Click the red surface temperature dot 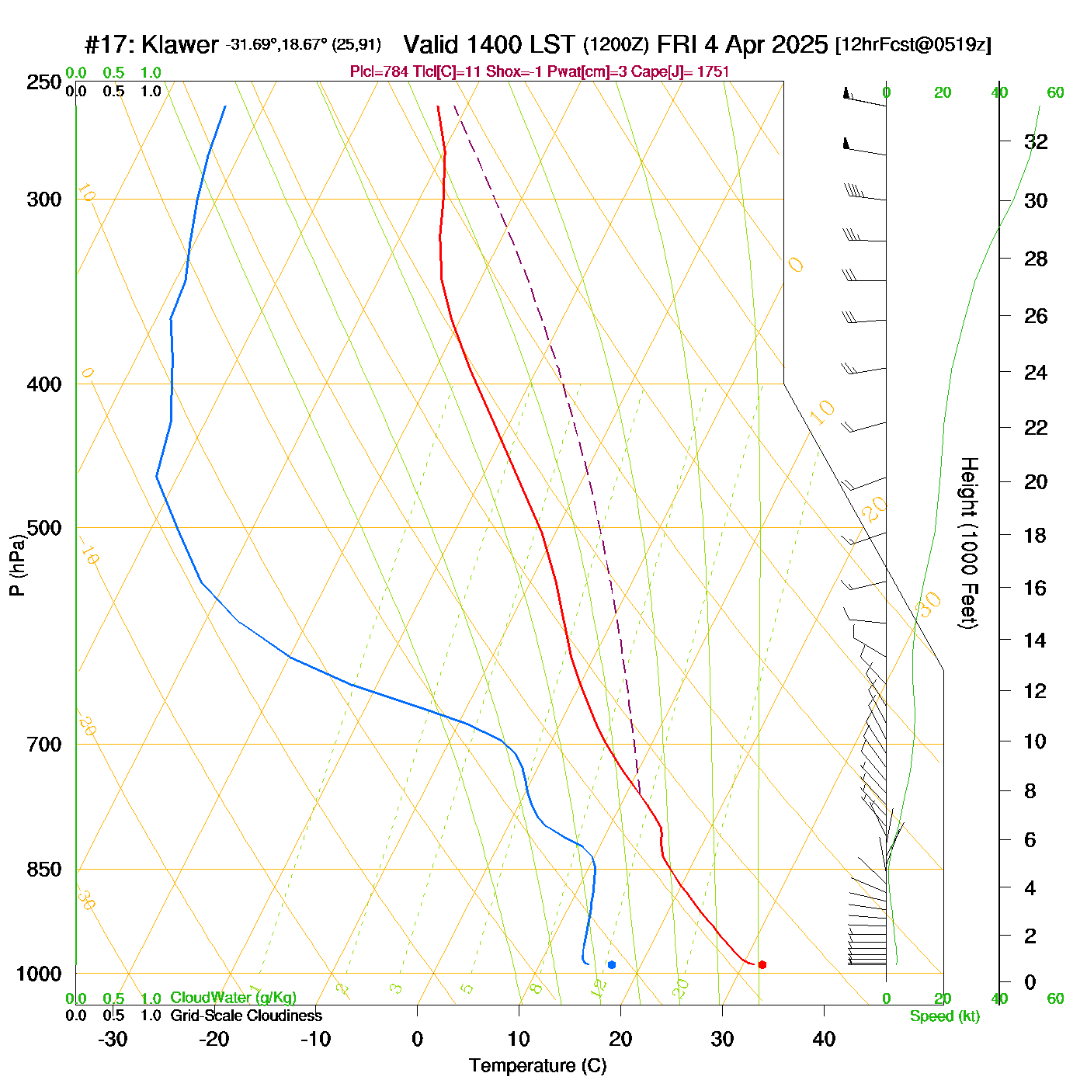762,964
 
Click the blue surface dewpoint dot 612,964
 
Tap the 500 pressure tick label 44,528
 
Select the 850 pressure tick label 44,870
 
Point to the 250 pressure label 44,82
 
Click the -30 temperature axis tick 113,1039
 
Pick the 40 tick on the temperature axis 824,1039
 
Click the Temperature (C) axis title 537,1066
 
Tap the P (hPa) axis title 17,565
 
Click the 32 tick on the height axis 1036,141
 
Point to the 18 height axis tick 1036,535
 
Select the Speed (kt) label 944,1016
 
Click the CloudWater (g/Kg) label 233,998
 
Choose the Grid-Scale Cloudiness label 246,1016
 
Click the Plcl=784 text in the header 379,72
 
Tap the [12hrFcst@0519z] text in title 913,44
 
